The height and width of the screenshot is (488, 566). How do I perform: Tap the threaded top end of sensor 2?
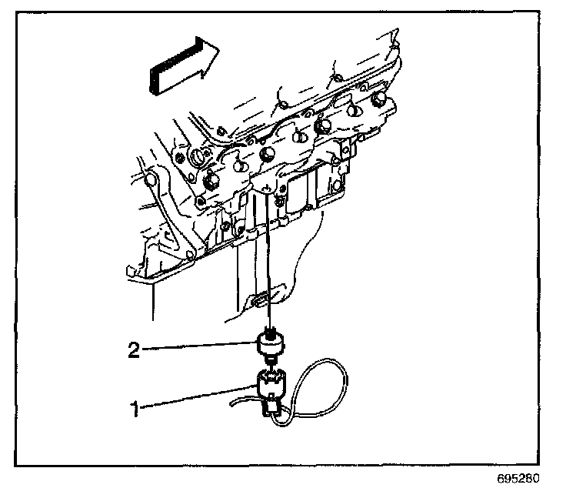click(271, 332)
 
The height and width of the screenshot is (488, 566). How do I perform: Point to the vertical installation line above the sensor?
click(269, 262)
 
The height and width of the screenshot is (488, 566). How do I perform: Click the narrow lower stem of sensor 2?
click(271, 360)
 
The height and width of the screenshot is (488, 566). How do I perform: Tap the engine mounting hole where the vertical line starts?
click(267, 187)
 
